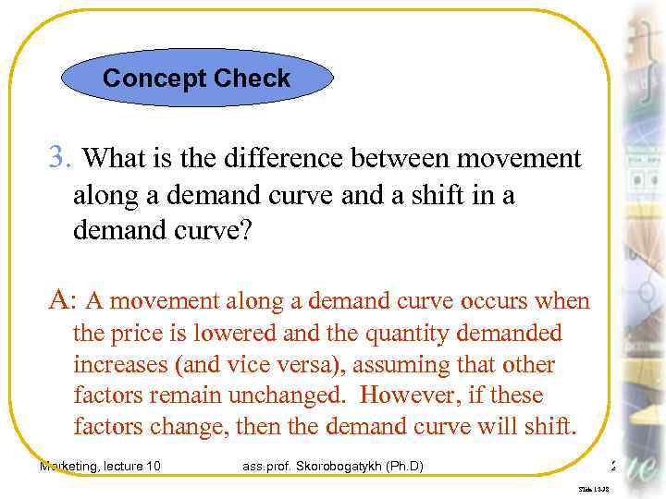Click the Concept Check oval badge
click(196, 79)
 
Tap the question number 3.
click(57, 159)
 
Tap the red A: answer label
click(61, 299)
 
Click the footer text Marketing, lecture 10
click(100, 466)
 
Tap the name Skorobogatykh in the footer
click(340, 466)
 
